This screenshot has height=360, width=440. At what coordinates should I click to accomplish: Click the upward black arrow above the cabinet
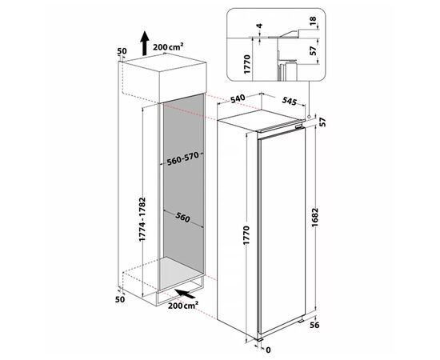point(145,43)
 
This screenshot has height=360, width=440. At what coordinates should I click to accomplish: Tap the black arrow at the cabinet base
point(185,294)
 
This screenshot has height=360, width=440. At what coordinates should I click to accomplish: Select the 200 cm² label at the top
point(168,46)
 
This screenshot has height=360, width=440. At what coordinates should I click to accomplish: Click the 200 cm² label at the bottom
point(183,305)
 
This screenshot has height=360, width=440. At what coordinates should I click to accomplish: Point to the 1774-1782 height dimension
point(143,219)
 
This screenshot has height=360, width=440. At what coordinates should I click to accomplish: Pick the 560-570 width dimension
point(182,159)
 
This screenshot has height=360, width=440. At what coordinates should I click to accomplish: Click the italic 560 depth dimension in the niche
point(183,217)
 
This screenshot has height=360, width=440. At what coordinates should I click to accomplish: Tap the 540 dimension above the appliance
point(238,98)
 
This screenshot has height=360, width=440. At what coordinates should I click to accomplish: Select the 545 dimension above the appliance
point(290,101)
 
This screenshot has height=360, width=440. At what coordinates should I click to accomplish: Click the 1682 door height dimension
point(315,218)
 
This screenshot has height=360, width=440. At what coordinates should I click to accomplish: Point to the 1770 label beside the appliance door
point(246,235)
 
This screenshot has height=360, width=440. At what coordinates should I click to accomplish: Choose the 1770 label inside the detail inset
point(247,64)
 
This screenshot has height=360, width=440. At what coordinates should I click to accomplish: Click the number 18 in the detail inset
point(314,21)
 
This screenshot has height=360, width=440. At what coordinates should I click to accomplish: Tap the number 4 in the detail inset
point(260,26)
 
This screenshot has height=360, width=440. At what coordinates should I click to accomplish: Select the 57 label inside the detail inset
point(314,50)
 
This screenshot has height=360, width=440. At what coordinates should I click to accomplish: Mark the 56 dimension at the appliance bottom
point(315,326)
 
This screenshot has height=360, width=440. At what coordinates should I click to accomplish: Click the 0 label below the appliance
point(268,350)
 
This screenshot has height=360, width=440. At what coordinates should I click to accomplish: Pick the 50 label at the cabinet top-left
point(122,51)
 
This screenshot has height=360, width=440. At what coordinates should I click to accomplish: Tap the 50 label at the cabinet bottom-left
point(120,299)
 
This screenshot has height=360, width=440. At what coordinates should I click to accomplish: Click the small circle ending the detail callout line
point(310,116)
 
